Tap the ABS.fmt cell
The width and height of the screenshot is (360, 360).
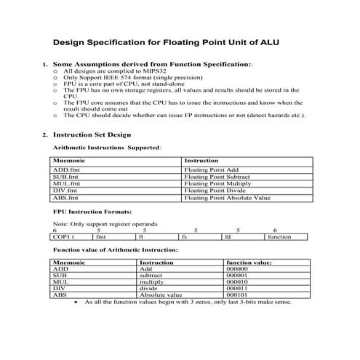tap(65, 198)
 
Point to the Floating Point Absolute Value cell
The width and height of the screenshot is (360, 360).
tap(227, 198)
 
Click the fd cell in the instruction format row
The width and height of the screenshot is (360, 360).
tap(228, 236)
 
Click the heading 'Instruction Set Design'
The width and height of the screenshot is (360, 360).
tap(92, 135)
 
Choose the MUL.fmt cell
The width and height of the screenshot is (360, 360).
tap(66, 184)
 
